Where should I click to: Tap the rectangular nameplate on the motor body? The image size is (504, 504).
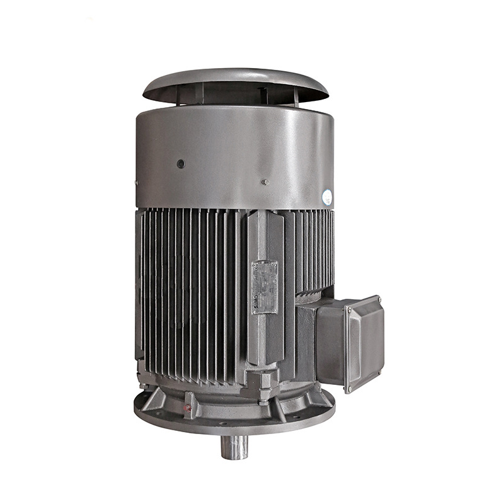pos(265,287)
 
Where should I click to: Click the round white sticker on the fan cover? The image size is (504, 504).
pos(328,197)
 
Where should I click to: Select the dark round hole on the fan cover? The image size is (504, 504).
pos(181,164)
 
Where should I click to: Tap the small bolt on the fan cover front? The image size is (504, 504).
pos(265,182)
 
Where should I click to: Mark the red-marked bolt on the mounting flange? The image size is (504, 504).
pos(187,408)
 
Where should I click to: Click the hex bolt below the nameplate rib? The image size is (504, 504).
pos(263,395)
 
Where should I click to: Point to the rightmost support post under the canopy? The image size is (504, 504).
pos(295,96)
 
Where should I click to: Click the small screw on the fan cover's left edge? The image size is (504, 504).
pos(137,183)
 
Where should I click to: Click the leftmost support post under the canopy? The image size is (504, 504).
pos(178,94)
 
